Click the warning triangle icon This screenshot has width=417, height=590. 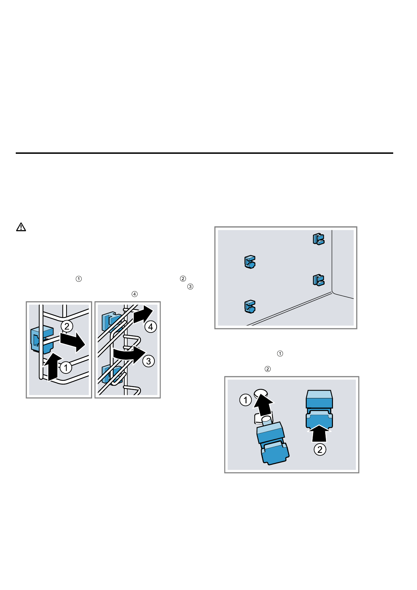[x=21, y=227]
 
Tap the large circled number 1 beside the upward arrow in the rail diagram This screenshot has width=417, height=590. [x=66, y=368]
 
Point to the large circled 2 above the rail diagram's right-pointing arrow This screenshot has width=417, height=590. [x=67, y=327]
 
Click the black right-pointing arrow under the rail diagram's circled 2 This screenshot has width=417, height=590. [x=72, y=342]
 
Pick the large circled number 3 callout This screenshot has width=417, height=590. [x=148, y=361]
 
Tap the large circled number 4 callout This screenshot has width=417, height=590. [x=151, y=327]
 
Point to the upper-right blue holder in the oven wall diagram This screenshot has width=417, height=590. [x=318, y=239]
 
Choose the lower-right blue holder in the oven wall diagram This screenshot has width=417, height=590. [x=318, y=280]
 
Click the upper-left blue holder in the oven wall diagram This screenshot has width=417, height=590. [x=250, y=262]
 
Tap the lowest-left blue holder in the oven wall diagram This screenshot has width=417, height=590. [x=250, y=307]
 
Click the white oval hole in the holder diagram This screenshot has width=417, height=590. [x=261, y=392]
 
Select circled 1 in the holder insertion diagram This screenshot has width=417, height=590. [x=245, y=400]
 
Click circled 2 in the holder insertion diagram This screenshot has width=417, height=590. [x=320, y=449]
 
